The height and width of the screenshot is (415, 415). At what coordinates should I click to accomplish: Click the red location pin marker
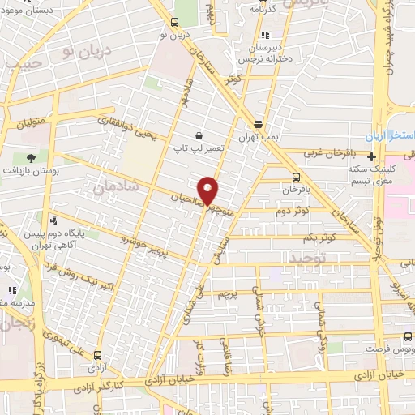tap(208, 190)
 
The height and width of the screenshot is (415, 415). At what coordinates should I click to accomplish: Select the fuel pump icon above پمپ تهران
tap(258, 124)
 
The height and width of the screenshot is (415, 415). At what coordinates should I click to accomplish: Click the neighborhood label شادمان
tap(117, 186)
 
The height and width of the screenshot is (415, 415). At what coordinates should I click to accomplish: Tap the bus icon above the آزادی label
tap(98, 355)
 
